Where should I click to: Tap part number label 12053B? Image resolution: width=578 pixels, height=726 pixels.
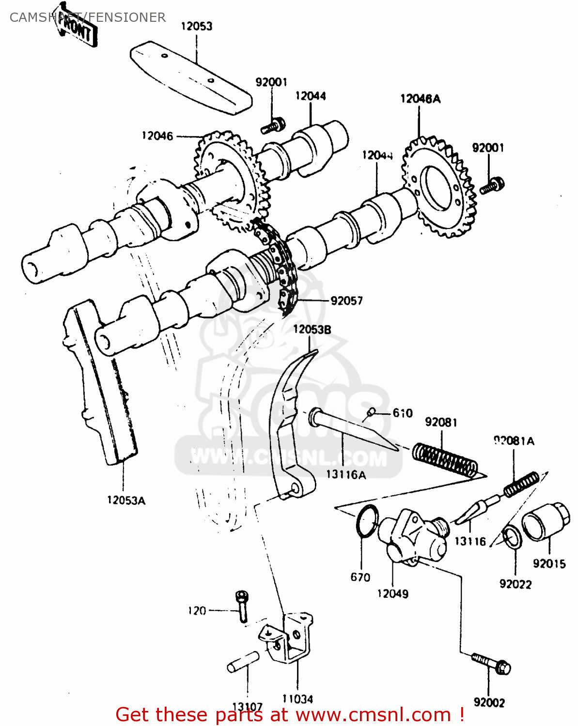(x=312, y=330)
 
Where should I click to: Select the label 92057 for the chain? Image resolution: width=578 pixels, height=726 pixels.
(x=346, y=301)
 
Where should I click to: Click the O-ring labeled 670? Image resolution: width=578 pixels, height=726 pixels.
(x=367, y=521)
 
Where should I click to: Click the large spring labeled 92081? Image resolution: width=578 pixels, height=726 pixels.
(x=445, y=460)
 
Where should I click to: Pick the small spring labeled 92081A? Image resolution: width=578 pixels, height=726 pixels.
(x=521, y=484)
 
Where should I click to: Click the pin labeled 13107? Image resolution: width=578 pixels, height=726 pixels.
(x=243, y=662)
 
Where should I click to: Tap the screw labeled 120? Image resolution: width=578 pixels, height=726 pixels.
(x=242, y=605)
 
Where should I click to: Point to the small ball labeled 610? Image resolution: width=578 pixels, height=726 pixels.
(x=371, y=412)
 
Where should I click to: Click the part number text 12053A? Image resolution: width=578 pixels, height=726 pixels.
(x=126, y=500)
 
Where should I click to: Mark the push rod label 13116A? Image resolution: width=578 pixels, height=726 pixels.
(x=346, y=475)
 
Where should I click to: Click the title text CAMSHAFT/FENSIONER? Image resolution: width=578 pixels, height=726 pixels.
(x=88, y=17)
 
